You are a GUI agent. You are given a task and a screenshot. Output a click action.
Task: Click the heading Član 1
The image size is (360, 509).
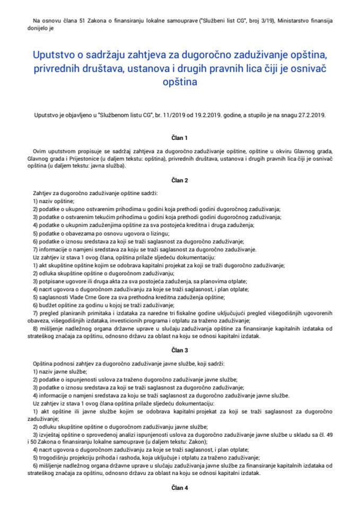click(180, 138)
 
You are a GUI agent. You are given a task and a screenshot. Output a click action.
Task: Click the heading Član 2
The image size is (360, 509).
click(180, 180)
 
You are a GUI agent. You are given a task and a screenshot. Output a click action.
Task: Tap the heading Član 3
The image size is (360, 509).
click(180, 350)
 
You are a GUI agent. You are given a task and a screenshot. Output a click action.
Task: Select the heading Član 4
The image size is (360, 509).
click(180, 486)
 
